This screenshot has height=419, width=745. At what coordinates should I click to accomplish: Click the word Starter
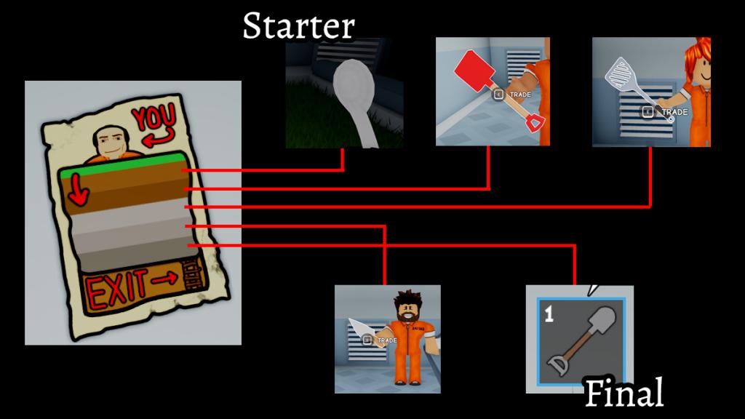298,26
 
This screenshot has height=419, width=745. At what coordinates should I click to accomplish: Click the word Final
624,394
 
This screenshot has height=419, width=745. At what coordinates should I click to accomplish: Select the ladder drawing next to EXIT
193,277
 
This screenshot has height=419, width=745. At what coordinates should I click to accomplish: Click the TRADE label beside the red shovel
517,95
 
